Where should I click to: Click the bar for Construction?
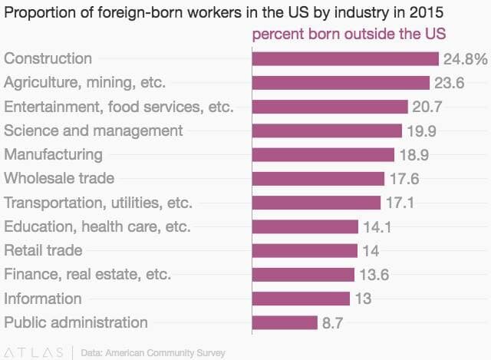tap(345, 59)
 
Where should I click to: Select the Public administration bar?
tap(285, 322)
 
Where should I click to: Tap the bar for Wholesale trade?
tap(318, 179)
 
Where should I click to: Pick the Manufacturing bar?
tap(323, 155)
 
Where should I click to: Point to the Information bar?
tap(301, 299)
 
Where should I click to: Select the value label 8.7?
tap(332, 323)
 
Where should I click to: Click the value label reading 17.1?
tap(397, 203)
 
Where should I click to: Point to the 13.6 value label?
tap(371, 275)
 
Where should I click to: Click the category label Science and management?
tap(94, 130)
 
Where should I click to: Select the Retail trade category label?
tap(43, 250)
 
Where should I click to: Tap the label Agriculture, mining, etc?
tap(85, 83)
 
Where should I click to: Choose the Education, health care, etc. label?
tap(97, 226)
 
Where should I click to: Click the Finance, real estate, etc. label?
tap(87, 274)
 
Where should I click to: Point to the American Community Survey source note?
tap(153, 353)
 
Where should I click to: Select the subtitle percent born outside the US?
tap(349, 35)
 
